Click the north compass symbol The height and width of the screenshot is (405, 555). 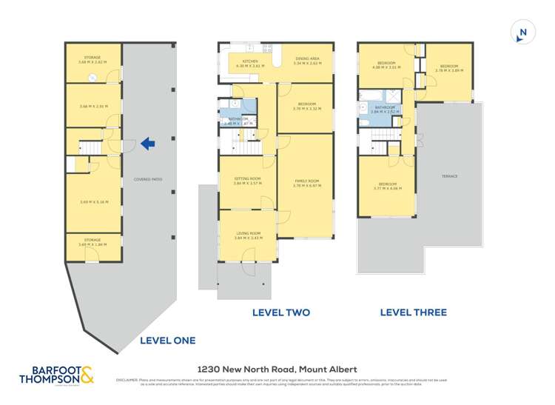tap(522, 32)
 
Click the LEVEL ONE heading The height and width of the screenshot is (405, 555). tap(167, 341)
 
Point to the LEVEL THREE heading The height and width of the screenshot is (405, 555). tap(413, 312)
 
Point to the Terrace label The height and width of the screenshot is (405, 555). tap(450, 176)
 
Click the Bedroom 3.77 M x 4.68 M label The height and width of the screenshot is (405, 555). tap(387, 185)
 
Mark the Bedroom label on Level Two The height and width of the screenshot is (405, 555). tap(305, 105)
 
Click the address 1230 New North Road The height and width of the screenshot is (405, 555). tap(276, 369)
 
